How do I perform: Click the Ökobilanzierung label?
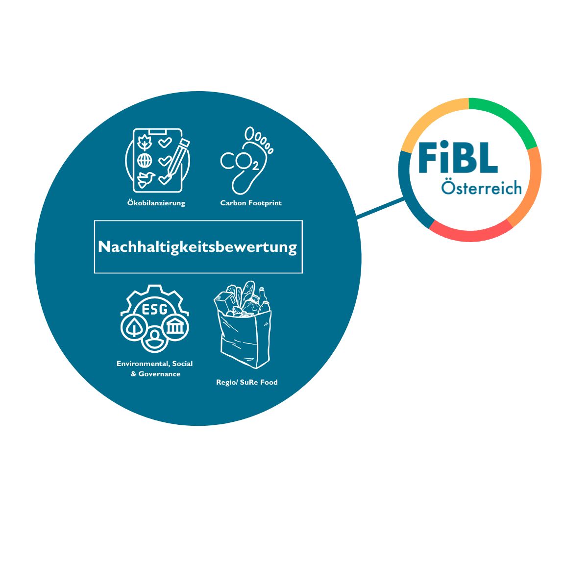coord(156,203)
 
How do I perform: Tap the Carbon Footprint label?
coord(251,203)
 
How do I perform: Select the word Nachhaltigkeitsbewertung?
coord(197,247)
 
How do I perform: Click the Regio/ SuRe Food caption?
coord(247,382)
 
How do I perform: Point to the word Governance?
coord(159,374)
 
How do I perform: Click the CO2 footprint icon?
coord(247,161)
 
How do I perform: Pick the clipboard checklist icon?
coord(158,161)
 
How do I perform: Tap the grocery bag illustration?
coord(243,324)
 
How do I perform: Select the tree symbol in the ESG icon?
coord(133,328)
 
